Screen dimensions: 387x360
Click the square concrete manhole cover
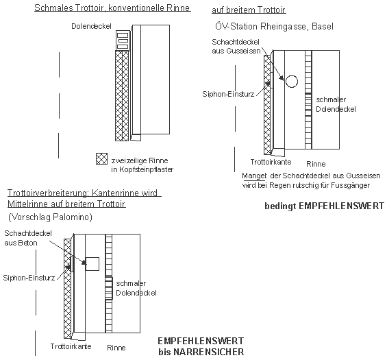[x=92, y=264]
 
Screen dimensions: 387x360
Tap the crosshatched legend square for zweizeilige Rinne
[x=101, y=158]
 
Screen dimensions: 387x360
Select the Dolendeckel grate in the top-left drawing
[x=123, y=40]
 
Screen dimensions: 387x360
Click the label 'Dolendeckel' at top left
[x=91, y=26]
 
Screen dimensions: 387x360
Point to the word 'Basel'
[x=323, y=26]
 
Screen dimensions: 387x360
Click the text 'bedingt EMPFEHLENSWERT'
[x=324, y=206]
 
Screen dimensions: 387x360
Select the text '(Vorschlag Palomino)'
[x=50, y=217]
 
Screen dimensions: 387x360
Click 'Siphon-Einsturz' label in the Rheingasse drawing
[x=228, y=94]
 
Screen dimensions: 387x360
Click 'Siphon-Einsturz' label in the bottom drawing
[x=29, y=278]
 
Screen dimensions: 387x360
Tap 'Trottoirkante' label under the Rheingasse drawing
[x=271, y=162]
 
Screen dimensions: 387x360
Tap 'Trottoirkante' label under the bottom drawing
[x=71, y=346]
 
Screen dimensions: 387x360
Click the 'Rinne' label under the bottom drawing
[x=116, y=348]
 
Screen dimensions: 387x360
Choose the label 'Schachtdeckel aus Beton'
[x=28, y=238]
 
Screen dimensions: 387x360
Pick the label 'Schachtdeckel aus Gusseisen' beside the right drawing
[x=236, y=46]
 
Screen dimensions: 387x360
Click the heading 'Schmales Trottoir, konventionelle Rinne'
[x=112, y=8]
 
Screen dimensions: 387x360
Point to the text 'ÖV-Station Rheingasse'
[x=260, y=26]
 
